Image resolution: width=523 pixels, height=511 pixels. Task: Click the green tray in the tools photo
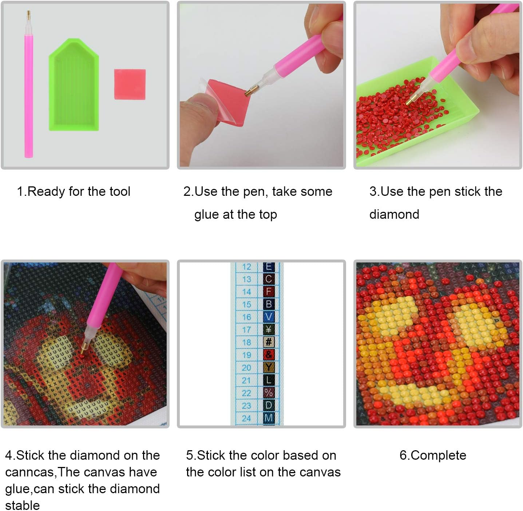point(74,85)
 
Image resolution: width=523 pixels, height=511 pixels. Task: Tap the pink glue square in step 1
point(130,84)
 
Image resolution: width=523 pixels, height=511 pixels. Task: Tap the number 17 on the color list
point(246,329)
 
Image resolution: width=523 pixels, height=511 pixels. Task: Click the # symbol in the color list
point(269,342)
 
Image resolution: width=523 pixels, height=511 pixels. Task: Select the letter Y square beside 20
point(269,367)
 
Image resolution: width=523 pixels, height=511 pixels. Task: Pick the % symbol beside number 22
point(269,393)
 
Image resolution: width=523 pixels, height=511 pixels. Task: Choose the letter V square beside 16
point(269,317)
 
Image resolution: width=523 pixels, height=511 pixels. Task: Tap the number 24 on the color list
point(246,418)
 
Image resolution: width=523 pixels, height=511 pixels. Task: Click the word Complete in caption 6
point(438,455)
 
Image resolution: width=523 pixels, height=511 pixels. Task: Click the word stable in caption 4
point(23,505)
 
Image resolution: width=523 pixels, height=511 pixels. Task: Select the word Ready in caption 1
point(46,192)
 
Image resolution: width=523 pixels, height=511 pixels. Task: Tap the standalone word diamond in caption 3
point(394,214)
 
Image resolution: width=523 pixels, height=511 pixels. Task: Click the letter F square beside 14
point(269,292)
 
